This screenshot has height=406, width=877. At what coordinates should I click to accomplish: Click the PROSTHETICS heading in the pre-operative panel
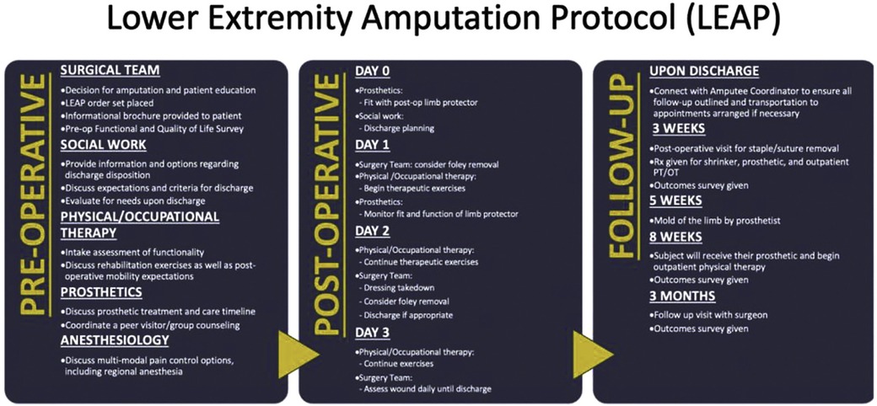pos(100,292)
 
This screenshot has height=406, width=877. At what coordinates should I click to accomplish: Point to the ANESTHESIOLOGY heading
pos(115,340)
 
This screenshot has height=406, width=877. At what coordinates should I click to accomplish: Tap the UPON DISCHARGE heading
pos(705,71)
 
